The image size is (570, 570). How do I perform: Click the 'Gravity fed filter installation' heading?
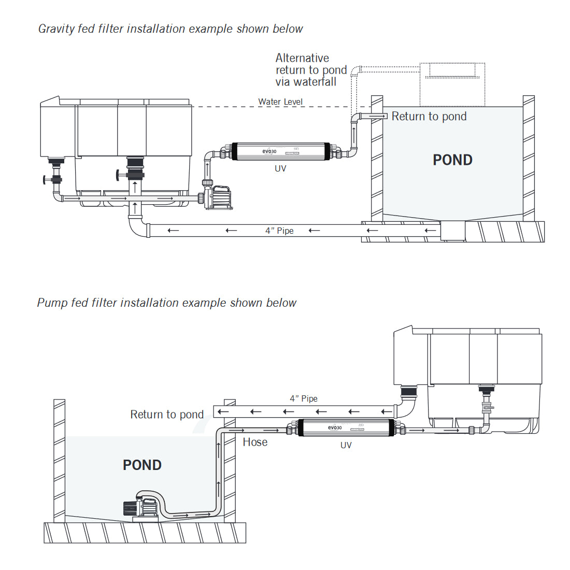170,29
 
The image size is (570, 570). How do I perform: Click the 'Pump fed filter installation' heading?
166,303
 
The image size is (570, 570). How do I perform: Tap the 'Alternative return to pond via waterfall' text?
311,70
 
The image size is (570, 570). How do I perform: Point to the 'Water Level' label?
280,102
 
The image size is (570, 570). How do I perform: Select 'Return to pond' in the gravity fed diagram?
429,117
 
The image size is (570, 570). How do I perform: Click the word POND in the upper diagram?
452,160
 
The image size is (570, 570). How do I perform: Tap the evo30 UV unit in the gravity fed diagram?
280,151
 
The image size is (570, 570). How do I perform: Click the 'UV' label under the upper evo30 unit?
280,168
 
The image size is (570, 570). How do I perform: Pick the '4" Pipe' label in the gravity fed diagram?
279,231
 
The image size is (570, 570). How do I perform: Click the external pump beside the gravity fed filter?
218,197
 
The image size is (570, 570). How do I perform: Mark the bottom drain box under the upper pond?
452,231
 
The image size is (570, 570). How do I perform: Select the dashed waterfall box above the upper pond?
452,84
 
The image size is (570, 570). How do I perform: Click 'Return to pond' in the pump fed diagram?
167,415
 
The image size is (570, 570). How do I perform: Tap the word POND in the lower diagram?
142,465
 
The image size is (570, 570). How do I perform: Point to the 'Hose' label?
255,442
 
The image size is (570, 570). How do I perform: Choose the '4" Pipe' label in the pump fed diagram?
304,398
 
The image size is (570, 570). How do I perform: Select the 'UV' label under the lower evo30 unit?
346,445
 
